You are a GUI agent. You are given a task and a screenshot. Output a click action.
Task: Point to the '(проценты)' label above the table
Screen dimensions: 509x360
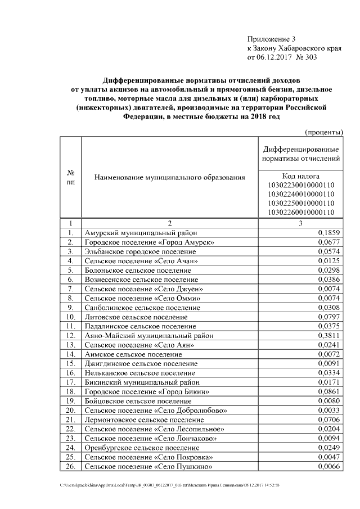tap(324, 132)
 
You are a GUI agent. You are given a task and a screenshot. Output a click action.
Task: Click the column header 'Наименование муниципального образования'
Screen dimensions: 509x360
tap(170, 178)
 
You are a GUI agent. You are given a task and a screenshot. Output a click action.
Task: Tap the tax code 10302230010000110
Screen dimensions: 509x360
tap(301, 185)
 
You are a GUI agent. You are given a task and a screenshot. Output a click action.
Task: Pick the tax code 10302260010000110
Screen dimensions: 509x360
tap(301, 212)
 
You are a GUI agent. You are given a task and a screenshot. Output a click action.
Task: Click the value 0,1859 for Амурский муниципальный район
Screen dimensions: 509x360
tap(329, 232)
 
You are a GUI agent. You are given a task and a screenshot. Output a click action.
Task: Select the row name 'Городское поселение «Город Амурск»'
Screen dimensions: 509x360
tap(149, 242)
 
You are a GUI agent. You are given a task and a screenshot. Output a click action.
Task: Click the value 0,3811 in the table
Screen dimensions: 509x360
tap(329, 335)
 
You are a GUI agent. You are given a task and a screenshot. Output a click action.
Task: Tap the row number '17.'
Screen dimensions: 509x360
tap(71, 382)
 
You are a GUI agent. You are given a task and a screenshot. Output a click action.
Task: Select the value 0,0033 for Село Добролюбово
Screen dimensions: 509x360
tap(329, 410)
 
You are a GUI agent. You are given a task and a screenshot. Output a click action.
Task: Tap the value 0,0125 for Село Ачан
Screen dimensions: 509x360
tap(329, 261)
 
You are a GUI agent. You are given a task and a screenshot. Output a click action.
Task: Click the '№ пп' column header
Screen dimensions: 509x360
tap(71, 178)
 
